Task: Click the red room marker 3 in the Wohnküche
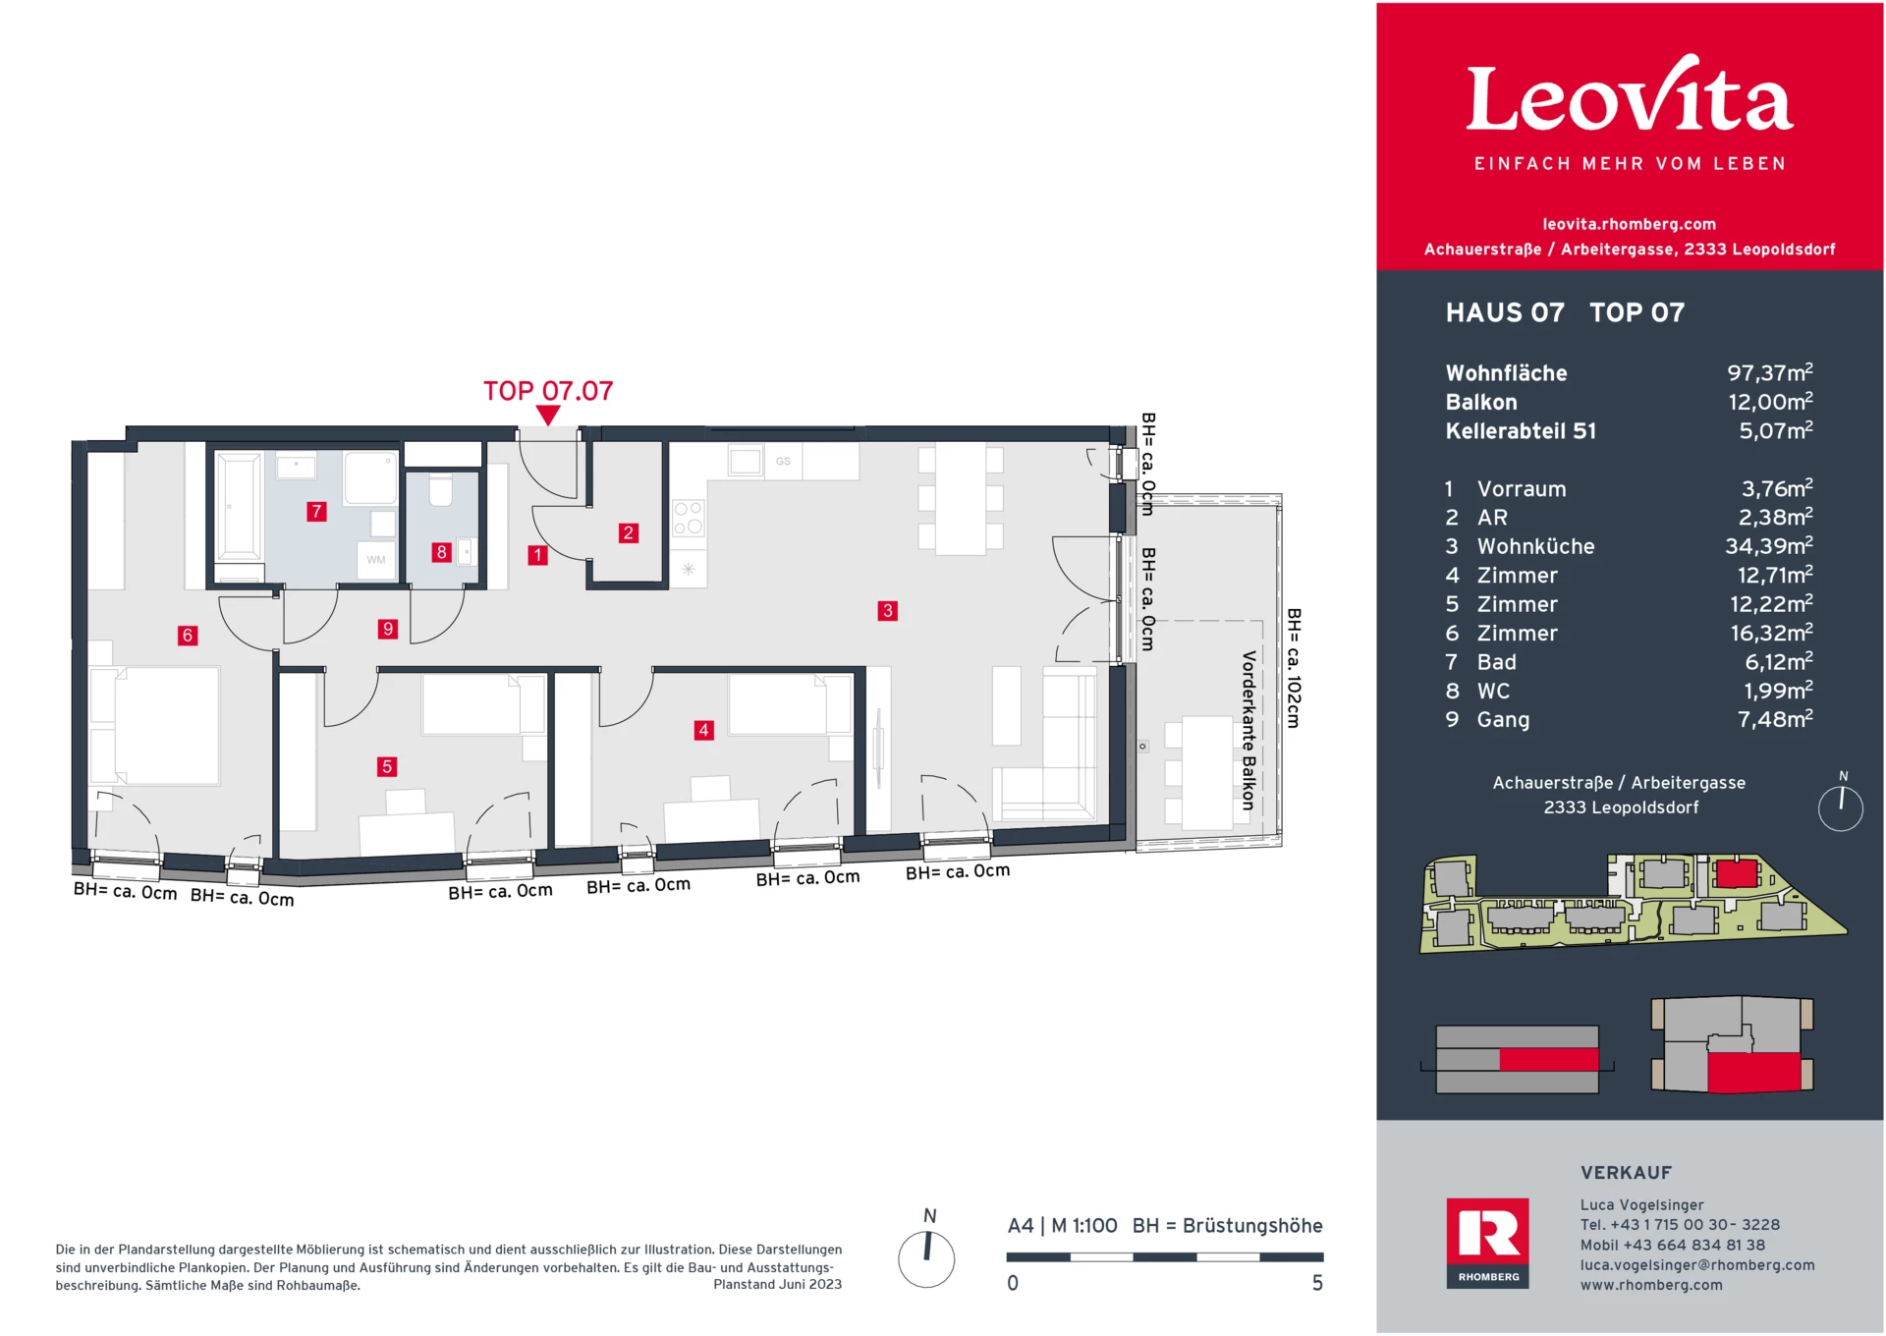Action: pyautogui.click(x=887, y=611)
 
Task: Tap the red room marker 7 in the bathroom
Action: pyautogui.click(x=316, y=511)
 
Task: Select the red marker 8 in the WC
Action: pyautogui.click(x=441, y=552)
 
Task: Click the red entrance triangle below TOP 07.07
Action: pyautogui.click(x=548, y=415)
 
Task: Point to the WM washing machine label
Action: pyautogui.click(x=376, y=560)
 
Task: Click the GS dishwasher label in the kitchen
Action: pyautogui.click(x=783, y=461)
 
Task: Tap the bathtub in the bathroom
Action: pyautogui.click(x=239, y=505)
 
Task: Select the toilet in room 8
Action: pyautogui.click(x=441, y=489)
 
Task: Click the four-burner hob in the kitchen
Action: pyautogui.click(x=688, y=518)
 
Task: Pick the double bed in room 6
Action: pyautogui.click(x=157, y=725)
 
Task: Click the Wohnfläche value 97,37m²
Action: pyautogui.click(x=1769, y=373)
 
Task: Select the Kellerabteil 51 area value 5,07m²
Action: pyautogui.click(x=1775, y=431)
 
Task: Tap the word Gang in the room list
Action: pyautogui.click(x=1503, y=720)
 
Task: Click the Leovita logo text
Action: pyautogui.click(x=1629, y=98)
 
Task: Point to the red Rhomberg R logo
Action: pyautogui.click(x=1487, y=1234)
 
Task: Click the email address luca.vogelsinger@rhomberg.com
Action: pyautogui.click(x=1696, y=1265)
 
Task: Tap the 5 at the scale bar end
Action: pyautogui.click(x=1317, y=1283)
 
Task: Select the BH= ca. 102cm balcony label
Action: pyautogui.click(x=1293, y=668)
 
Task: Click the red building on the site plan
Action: pyautogui.click(x=1736, y=873)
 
